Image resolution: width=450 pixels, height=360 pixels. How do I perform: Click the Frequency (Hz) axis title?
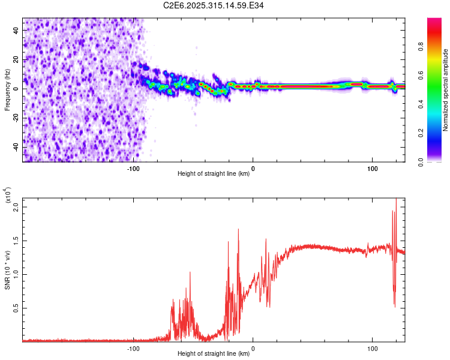(x=7, y=89)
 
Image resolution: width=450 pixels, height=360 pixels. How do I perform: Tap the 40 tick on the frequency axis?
(x=16, y=30)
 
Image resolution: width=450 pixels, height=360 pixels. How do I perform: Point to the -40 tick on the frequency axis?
(x=15, y=147)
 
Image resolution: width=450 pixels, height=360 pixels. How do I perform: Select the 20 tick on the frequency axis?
(x=16, y=59)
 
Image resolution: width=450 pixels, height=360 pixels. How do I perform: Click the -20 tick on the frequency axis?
(x=15, y=118)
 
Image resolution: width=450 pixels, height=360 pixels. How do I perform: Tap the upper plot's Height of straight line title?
(x=214, y=174)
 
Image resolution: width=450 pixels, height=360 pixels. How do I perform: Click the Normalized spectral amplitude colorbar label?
(x=445, y=90)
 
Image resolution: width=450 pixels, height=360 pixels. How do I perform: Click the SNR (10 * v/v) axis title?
(x=7, y=270)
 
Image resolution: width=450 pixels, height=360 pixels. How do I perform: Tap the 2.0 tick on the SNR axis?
(x=16, y=207)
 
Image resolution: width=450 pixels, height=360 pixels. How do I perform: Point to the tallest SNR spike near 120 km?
(x=396, y=200)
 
